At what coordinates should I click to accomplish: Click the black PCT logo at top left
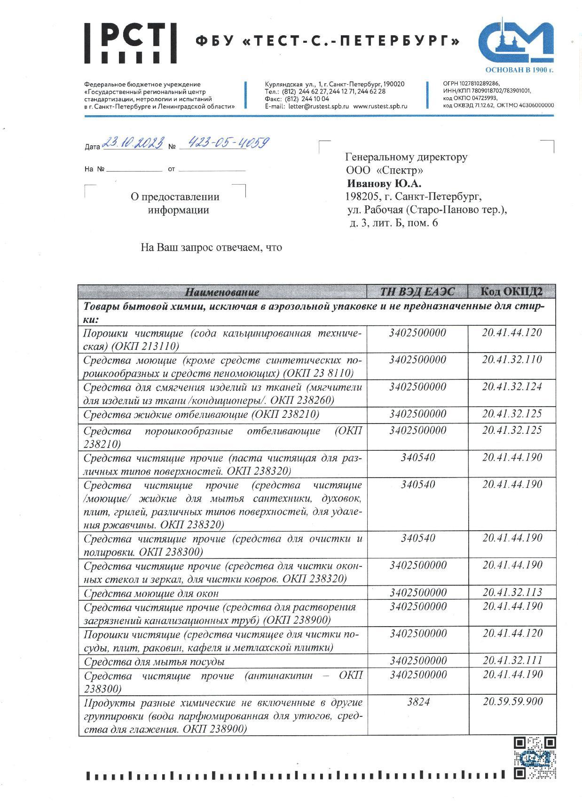point(126,42)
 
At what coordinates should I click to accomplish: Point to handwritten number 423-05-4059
point(228,143)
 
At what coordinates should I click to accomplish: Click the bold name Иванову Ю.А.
point(384,183)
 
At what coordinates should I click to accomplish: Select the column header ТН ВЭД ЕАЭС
point(417,291)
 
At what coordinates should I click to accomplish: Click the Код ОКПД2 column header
point(511,291)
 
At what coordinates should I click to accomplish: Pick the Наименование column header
point(222,292)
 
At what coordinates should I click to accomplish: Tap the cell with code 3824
point(417,702)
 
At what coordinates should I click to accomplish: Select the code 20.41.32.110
point(512,360)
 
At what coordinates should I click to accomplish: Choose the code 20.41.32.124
point(512,387)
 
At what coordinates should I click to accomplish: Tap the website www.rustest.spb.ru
point(380,106)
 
